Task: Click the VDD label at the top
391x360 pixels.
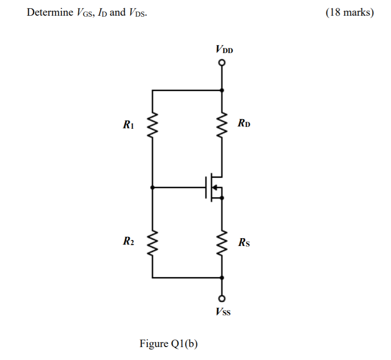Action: (224, 49)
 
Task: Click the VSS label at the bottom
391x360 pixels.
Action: (223, 312)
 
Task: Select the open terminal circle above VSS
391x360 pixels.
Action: (223, 298)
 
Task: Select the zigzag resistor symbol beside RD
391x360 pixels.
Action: (223, 125)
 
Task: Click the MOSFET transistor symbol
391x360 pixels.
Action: (214, 187)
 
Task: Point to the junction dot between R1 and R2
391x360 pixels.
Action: (152, 187)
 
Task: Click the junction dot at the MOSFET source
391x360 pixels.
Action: (223, 198)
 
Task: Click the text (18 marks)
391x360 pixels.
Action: (349, 12)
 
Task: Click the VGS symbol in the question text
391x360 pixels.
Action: (82, 13)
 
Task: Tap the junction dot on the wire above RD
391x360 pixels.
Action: (223, 90)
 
